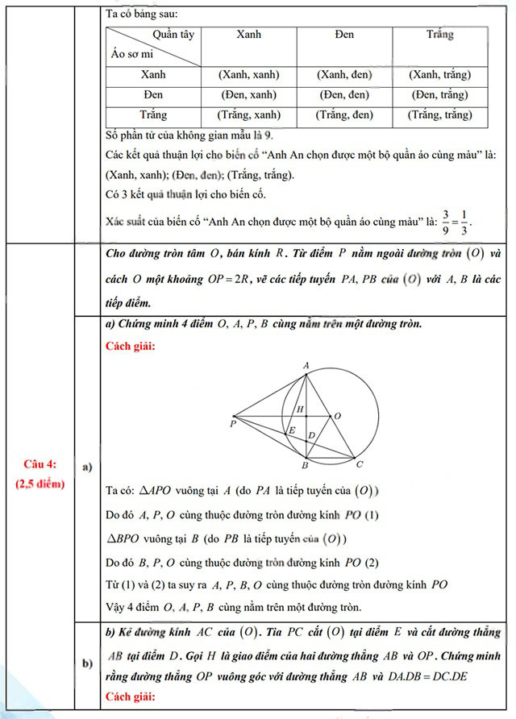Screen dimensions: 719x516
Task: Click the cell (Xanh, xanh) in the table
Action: (x=249, y=75)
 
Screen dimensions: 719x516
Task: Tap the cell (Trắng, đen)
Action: (x=344, y=114)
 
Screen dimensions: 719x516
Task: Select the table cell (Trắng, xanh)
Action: (x=249, y=114)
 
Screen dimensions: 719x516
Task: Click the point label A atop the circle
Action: (x=306, y=365)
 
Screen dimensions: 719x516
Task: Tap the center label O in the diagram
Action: (x=337, y=416)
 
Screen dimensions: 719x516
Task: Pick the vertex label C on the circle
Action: (x=360, y=464)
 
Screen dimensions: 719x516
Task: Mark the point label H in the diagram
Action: (x=299, y=409)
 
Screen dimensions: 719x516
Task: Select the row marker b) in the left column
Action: (x=87, y=663)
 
